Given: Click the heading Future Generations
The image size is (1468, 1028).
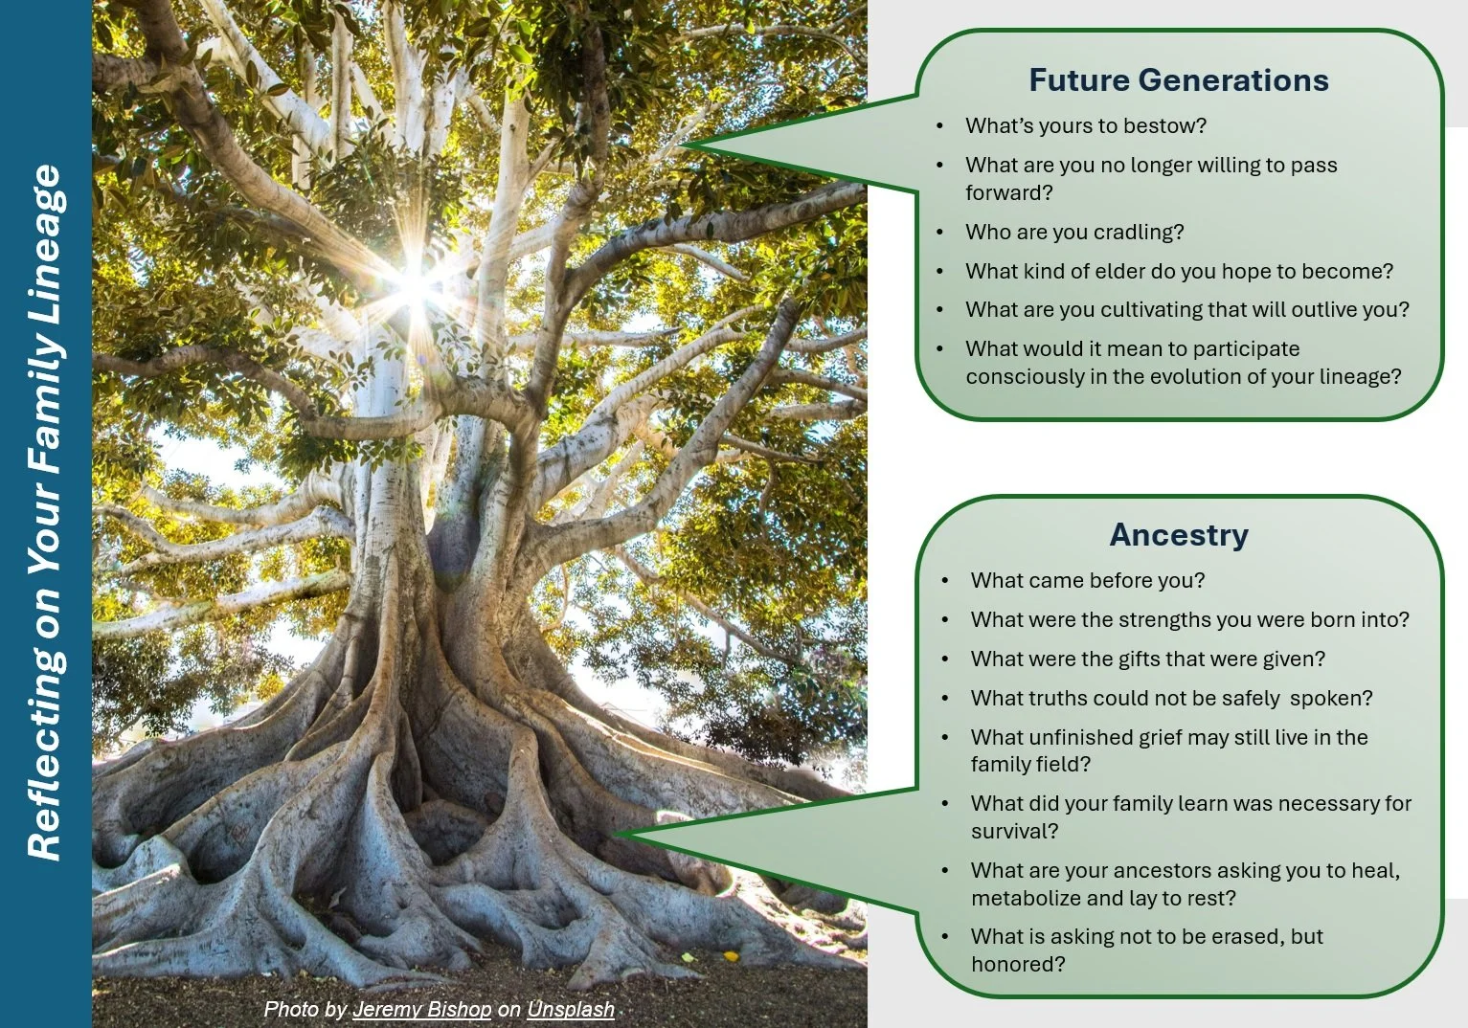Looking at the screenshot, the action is (x=1179, y=80).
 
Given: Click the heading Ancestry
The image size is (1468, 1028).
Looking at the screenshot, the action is (x=1179, y=535).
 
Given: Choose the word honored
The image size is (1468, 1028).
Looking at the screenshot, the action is (x=1018, y=964).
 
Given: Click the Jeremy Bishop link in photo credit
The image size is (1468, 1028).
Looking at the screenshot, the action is (x=422, y=1010).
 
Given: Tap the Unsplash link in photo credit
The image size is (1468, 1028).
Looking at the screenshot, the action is (x=571, y=1010).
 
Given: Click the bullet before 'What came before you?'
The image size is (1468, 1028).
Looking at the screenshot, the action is (x=945, y=581).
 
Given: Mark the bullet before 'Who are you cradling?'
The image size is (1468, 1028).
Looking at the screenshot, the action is (x=940, y=233).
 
